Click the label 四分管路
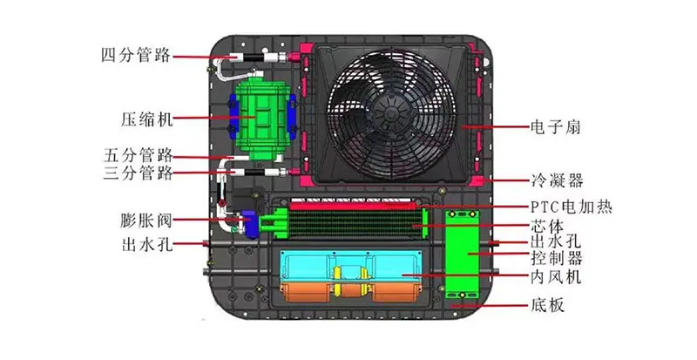click(136, 56)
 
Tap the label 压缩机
click(146, 119)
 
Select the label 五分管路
click(139, 155)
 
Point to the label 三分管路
click(139, 173)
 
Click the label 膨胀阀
click(146, 221)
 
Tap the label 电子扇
click(556, 126)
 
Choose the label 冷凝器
click(557, 180)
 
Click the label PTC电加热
click(572, 207)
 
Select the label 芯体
click(547, 226)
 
